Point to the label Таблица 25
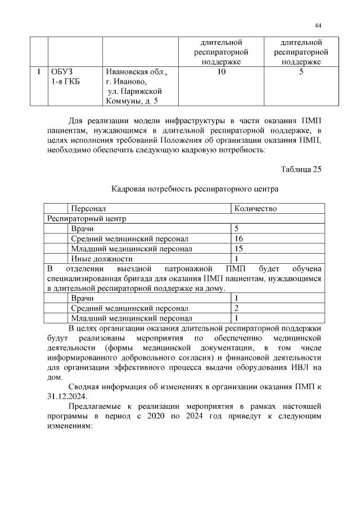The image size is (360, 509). tap(300, 170)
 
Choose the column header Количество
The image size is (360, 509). tap(255, 209)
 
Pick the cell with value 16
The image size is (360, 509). tap(238, 238)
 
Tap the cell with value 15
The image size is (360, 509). tap(238, 249)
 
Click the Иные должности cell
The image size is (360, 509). tap(102, 259)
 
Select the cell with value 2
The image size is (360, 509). tap(237, 308)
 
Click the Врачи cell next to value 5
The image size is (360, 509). tap(82, 228)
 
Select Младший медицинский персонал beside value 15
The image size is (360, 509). tap(132, 249)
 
